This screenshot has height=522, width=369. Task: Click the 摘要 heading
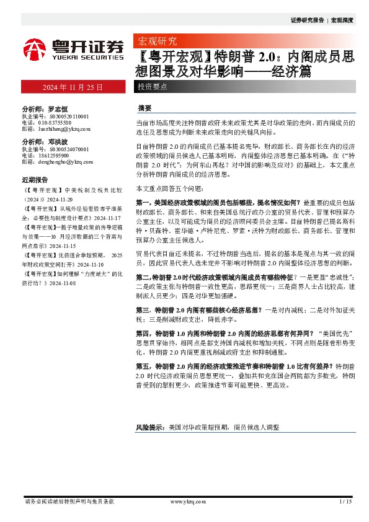tap(144, 107)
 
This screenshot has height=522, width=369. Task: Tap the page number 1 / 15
tap(345, 501)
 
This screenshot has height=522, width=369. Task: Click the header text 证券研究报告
tap(307, 20)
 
